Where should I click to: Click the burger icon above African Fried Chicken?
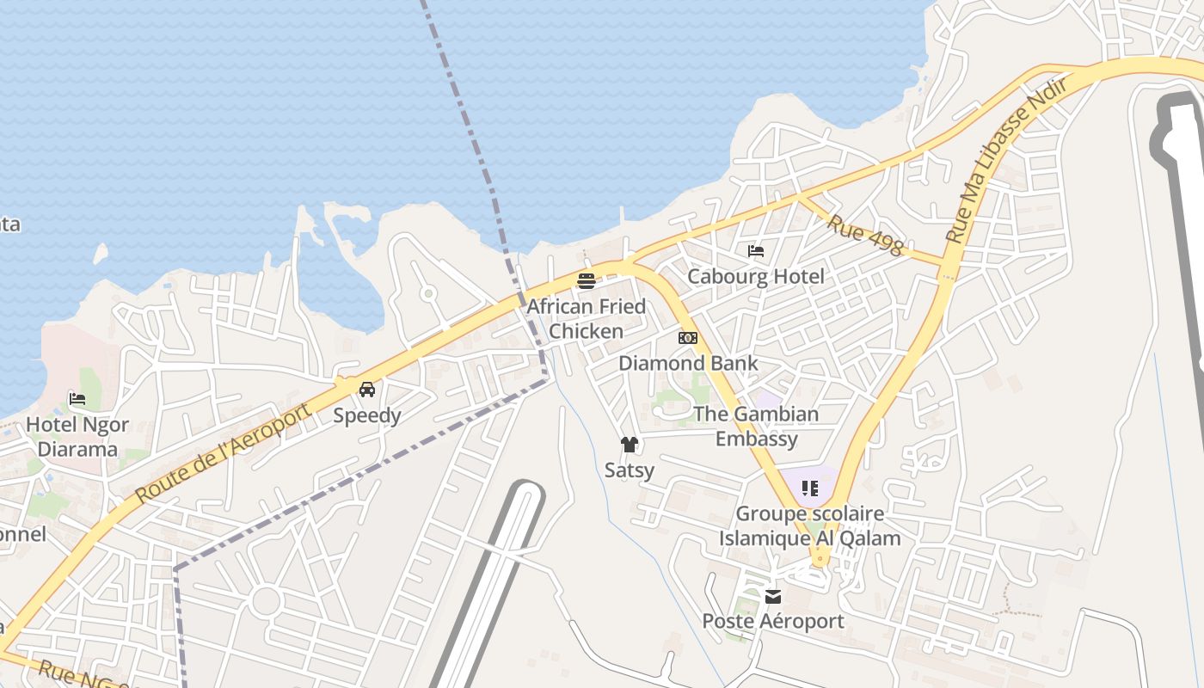[x=587, y=280]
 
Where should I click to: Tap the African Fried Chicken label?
[x=586, y=318]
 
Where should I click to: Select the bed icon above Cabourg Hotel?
[x=756, y=251]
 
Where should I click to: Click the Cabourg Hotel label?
[x=755, y=276]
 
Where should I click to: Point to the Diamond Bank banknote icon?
[x=688, y=338]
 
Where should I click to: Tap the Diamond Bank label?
[x=688, y=363]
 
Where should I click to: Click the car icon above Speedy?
[x=367, y=390]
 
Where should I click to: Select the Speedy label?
[x=367, y=415]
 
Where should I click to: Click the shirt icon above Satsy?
[x=630, y=445]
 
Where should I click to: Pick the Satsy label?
[x=630, y=470]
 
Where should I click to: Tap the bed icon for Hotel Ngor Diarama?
[x=77, y=399]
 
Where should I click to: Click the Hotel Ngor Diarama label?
[x=77, y=437]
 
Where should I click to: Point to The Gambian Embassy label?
[x=756, y=427]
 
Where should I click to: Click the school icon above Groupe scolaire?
[x=809, y=488]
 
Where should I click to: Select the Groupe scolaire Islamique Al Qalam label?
[x=809, y=526]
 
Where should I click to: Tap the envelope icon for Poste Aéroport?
[x=773, y=596]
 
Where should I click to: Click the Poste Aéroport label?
[x=773, y=621]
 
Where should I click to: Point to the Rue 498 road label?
[x=865, y=235]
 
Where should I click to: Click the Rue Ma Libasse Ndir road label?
[x=1006, y=158]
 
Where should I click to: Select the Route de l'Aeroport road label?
[x=223, y=453]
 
